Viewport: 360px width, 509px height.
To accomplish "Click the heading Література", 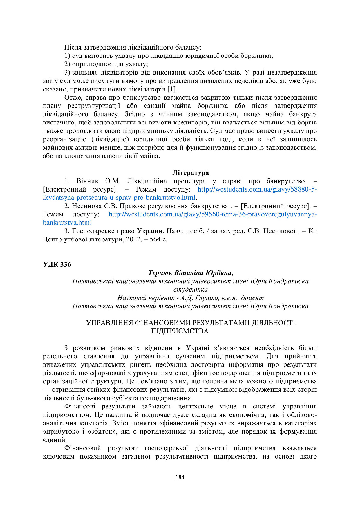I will click(x=190, y=173).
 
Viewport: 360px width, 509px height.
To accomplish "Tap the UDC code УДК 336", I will click(x=57, y=264).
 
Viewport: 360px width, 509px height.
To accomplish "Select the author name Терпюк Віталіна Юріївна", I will click(x=191, y=273).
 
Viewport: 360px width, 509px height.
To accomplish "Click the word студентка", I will click(x=190, y=290).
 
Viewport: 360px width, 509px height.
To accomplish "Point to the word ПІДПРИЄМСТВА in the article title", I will click(x=180, y=331).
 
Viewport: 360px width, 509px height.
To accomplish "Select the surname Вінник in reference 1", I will click(x=88, y=181).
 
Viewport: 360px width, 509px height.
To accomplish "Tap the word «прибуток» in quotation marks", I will click(x=61, y=432).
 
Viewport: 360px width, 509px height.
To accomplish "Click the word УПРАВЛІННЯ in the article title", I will click(x=109, y=323).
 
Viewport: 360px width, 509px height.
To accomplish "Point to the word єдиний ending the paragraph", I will click(x=54, y=440).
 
